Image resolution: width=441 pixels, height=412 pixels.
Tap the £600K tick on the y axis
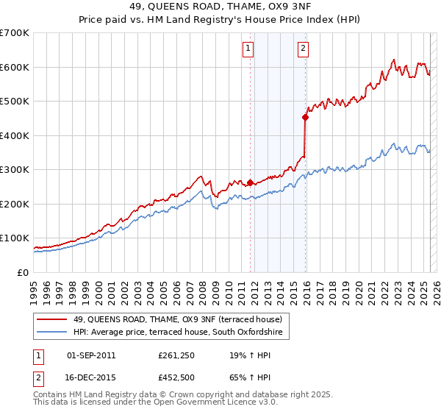[x=15, y=67]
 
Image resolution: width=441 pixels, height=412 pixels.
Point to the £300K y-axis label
[x=15, y=170]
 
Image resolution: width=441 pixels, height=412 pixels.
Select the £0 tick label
[x=22, y=272]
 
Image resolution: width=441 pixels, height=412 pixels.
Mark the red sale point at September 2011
[x=250, y=182]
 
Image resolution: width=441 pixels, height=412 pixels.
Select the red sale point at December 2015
[x=306, y=116]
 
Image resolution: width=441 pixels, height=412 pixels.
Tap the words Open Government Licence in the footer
[x=214, y=403]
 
